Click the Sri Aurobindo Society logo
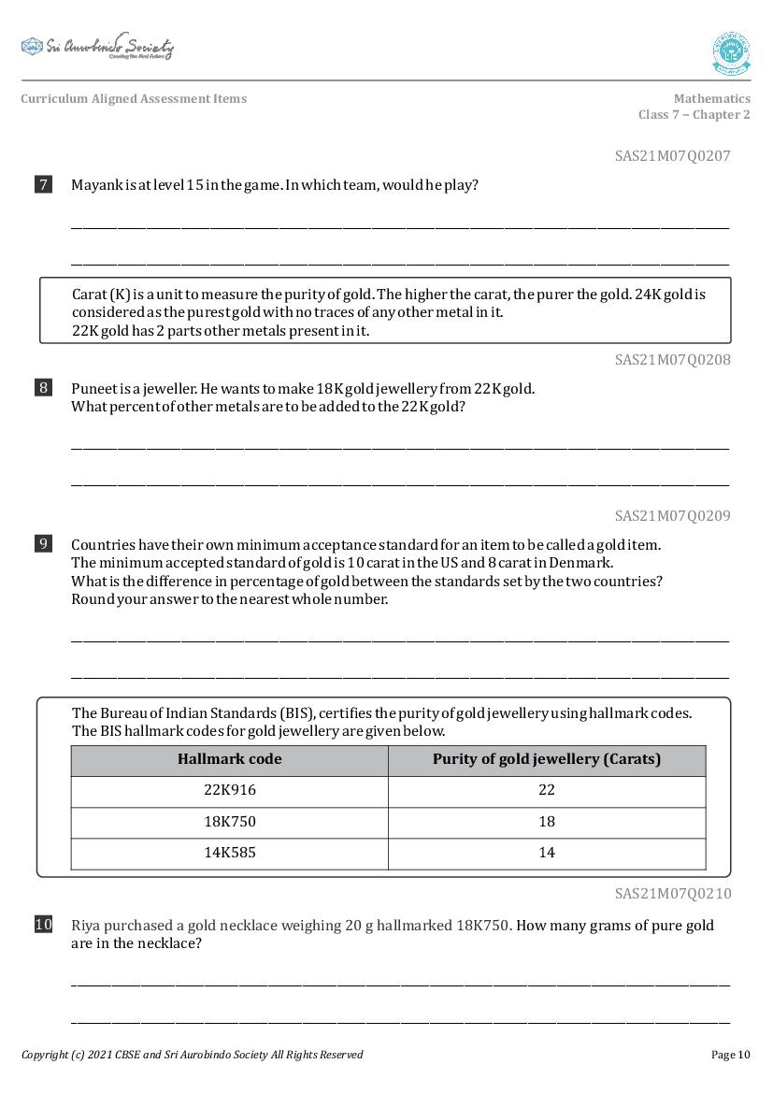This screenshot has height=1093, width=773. [x=97, y=47]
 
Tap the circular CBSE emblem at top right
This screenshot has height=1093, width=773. [x=731, y=53]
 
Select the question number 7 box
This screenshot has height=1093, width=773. [x=43, y=184]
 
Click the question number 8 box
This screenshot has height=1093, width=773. [x=43, y=387]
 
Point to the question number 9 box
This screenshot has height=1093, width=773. [x=43, y=543]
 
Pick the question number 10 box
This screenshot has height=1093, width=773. [x=43, y=925]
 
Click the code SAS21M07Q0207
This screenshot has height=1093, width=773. [x=672, y=156]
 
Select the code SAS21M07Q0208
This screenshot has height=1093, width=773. [x=672, y=360]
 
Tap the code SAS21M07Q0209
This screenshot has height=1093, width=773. [x=672, y=516]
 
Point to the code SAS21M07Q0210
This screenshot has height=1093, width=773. [x=672, y=894]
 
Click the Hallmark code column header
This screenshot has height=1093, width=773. [x=229, y=759]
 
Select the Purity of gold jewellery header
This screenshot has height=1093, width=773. [x=547, y=759]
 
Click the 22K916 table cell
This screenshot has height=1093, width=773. [x=229, y=790]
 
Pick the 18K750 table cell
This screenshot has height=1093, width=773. [x=229, y=822]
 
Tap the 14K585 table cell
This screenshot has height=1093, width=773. [x=229, y=853]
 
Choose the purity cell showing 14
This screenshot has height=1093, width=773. [x=547, y=853]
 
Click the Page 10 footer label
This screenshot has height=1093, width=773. [x=730, y=1055]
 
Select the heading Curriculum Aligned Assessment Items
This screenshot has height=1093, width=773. [x=134, y=98]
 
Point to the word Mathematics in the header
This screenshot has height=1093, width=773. [x=711, y=98]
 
